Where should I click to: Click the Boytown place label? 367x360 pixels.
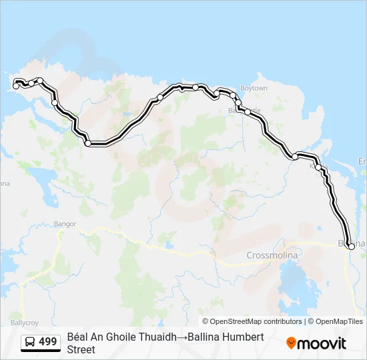tap(254, 89)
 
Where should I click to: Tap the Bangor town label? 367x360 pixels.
tap(65, 225)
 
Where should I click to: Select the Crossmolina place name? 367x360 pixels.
tap(274, 255)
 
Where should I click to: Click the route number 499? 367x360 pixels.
tap(48, 342)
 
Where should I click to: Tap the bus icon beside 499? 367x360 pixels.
tap(31, 342)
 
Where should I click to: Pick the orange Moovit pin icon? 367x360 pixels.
tap(291, 343)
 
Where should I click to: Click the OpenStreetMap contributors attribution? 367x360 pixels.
tap(257, 321)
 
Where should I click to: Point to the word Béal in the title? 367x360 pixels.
tap(78, 337)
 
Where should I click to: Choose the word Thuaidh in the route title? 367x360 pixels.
tap(157, 337)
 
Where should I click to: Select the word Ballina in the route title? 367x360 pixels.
tap(204, 337)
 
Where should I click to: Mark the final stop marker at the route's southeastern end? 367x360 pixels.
tap(352, 247)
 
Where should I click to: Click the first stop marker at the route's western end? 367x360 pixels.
tap(16, 86)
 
